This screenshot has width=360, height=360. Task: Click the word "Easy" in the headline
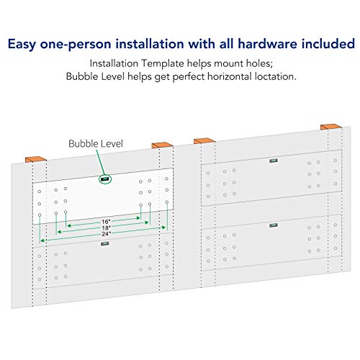22,44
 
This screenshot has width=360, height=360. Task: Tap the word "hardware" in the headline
267,44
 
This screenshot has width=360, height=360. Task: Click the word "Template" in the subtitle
163,63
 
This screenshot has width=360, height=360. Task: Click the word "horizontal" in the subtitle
230,76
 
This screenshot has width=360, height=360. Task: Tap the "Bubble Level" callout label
96,144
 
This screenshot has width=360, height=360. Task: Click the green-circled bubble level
105,179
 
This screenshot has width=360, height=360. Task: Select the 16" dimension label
106,222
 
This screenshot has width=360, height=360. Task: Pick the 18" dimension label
106,228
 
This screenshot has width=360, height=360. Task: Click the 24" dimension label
106,234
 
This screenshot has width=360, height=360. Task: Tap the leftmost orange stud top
36,159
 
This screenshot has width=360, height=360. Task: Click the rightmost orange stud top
331,127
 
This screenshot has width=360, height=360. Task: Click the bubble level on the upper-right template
274,161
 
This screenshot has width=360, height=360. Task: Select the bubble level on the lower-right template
274,225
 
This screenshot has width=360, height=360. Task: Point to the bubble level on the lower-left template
105,244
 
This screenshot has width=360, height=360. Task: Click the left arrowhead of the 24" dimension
42,240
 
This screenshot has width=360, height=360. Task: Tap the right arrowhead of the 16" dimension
138,218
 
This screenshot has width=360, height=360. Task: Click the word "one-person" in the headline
76,44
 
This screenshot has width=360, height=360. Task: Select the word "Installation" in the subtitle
114,63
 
